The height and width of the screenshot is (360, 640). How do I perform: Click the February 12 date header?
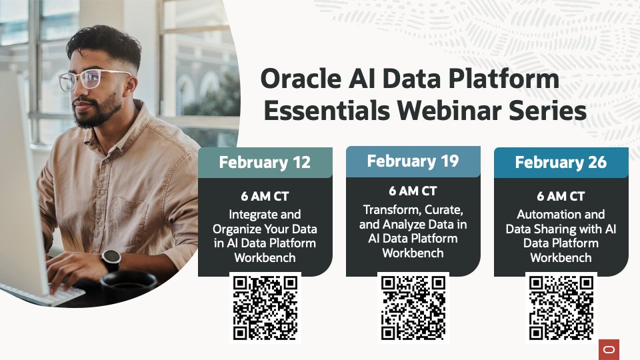[x=265, y=163]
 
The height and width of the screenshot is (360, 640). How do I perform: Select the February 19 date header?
[x=413, y=161]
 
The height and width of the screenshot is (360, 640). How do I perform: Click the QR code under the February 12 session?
[x=265, y=307]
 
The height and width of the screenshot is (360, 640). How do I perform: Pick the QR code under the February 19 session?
[x=413, y=307]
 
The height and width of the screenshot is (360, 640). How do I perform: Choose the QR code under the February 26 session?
[x=561, y=307]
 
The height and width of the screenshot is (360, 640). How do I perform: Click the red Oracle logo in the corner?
[x=609, y=349]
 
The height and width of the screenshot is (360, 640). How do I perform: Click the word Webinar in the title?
[x=447, y=111]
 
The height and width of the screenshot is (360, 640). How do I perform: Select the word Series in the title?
[x=547, y=111]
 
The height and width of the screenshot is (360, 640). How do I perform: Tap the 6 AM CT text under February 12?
[x=265, y=197]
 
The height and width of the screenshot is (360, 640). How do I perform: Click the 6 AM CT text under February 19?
[x=413, y=191]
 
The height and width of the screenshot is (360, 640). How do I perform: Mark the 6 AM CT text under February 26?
[x=561, y=197]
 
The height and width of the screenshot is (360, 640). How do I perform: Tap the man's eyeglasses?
[x=93, y=79]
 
